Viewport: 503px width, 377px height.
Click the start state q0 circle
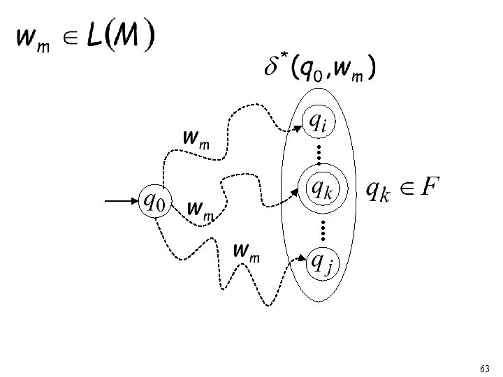pyautogui.click(x=155, y=202)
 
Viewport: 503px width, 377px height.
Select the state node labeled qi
pyautogui.click(x=318, y=123)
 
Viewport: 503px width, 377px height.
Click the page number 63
pyautogui.click(x=486, y=367)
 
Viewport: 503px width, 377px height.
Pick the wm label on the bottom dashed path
pyautogui.click(x=247, y=251)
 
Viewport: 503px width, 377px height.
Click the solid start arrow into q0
pyautogui.click(x=122, y=202)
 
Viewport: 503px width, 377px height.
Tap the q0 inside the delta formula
pyautogui.click(x=310, y=71)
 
